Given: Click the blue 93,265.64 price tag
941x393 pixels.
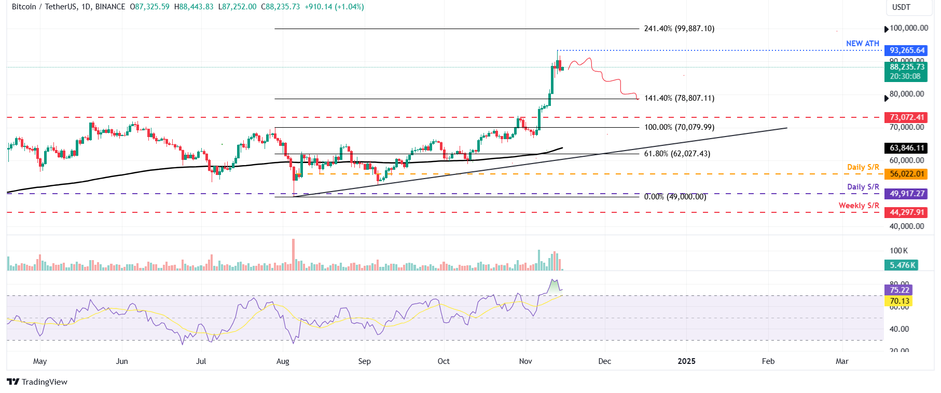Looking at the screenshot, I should pos(907,50).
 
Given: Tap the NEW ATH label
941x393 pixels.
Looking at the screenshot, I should pos(862,44).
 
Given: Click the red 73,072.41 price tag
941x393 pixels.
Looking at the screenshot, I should pos(907,117).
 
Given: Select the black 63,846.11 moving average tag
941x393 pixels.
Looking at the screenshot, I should pos(907,148).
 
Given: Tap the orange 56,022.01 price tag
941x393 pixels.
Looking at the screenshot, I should pos(907,174).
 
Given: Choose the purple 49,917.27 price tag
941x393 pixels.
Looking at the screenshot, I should pos(907,194).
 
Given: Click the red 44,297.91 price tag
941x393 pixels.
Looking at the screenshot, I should pos(907,212).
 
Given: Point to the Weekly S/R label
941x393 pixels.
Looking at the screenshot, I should pos(859,206).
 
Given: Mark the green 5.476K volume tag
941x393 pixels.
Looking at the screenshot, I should pos(903,265).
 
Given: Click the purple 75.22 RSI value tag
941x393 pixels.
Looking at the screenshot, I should pos(899,290).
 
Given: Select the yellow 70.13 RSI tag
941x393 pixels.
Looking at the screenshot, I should pos(899,301).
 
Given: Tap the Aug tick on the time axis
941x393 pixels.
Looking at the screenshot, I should pos(283,361).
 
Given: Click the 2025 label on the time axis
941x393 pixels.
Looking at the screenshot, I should pos(686,361).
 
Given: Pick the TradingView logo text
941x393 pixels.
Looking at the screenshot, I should pos(44,382).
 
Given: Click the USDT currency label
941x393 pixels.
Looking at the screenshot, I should pos(901,7).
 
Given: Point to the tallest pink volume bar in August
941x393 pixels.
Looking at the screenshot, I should pos(294,254).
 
